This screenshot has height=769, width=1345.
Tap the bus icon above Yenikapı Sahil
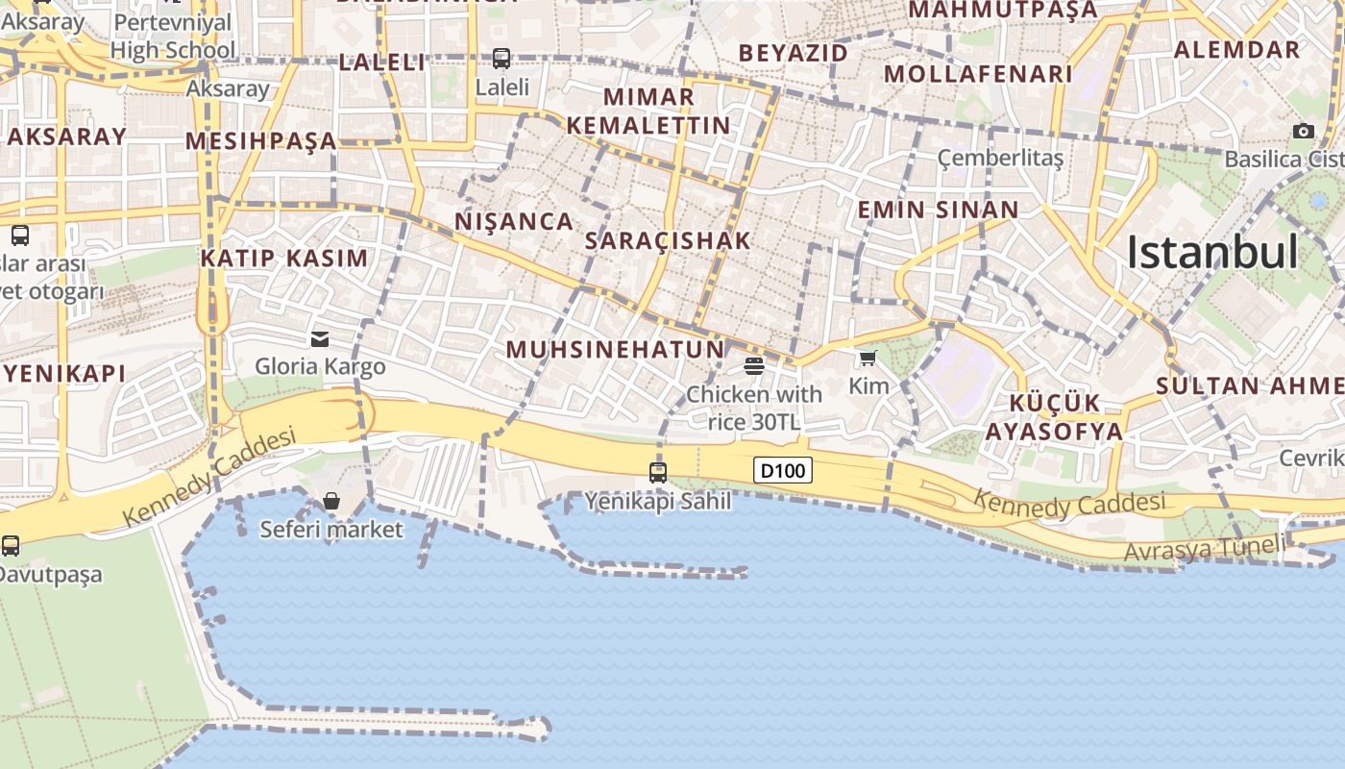coord(658,472)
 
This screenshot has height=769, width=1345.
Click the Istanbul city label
coord(1212,252)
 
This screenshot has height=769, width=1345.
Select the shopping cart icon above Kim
coord(868,359)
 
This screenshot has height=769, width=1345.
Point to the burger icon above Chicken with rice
coord(754,365)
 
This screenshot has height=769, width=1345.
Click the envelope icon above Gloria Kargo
coord(320,338)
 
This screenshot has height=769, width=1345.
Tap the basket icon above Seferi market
coord(331,501)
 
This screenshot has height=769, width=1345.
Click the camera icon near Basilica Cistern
coord(1304,131)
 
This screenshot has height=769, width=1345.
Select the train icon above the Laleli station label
coord(501,58)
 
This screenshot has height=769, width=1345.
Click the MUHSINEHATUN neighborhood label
coord(615,349)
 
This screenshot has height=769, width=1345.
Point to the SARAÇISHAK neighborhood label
coord(668,240)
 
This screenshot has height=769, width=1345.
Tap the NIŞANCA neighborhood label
coord(514,221)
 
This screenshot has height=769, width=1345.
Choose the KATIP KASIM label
coord(284,258)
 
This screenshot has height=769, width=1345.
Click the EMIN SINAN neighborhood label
coord(938,210)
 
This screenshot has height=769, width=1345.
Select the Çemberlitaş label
coord(1000,157)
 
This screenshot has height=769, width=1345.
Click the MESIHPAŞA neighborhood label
coord(261,141)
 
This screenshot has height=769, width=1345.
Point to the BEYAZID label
coord(794,53)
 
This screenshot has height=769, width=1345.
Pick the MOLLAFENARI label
coord(978,74)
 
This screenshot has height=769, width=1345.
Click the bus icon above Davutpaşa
coord(11,546)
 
